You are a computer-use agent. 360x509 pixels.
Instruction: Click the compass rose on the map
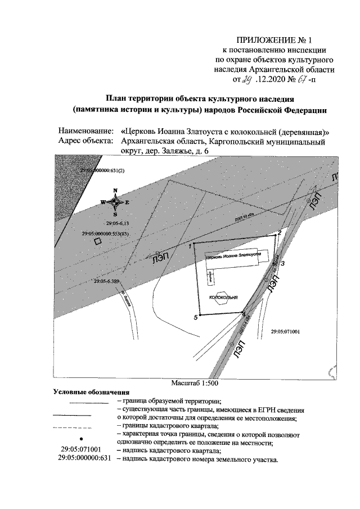tap(115, 202)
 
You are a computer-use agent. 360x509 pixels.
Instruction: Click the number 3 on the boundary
tap(283, 263)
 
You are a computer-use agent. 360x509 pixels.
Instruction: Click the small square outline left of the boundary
tap(97, 241)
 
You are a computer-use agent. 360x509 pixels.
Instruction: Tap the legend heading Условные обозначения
tap(91, 391)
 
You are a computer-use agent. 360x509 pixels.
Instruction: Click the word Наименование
tap(85, 131)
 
